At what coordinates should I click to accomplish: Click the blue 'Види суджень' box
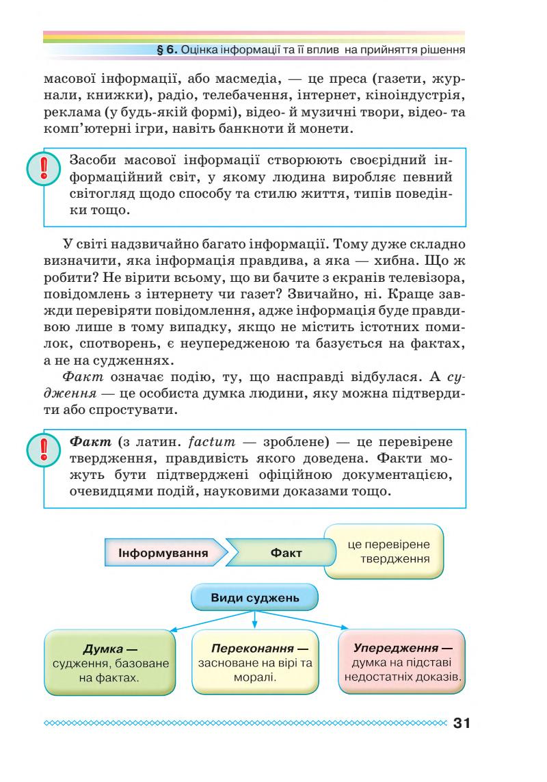point(254,597)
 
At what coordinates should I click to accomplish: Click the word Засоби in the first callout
point(92,161)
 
